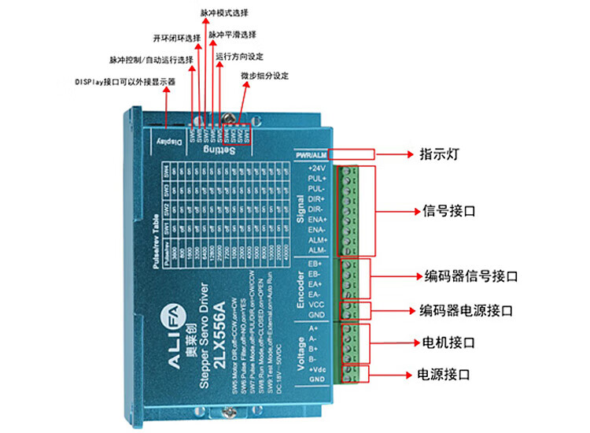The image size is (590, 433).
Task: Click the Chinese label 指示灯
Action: coord(437,155)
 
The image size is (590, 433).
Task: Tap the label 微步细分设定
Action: coord(265,76)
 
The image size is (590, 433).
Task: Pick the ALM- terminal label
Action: coord(316,250)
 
